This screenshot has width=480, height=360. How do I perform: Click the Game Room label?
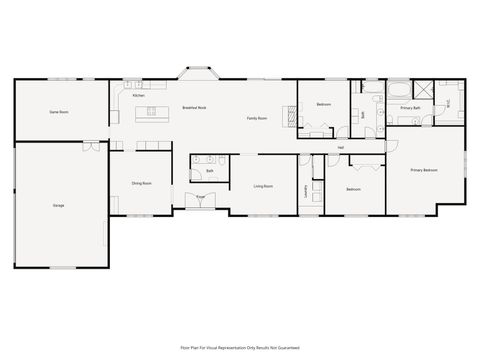[59, 113]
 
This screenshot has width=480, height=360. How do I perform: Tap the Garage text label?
[59, 205]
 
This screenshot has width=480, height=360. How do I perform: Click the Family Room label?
[258, 119]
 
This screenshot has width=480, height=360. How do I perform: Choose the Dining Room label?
[141, 184]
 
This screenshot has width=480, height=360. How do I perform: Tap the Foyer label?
[201, 197]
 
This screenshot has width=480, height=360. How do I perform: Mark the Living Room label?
[263, 186]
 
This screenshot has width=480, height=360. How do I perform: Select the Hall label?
[341, 148]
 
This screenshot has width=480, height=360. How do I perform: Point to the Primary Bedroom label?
[424, 170]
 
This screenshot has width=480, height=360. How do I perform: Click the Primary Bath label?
[409, 107]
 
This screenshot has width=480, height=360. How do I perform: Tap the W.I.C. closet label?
[449, 100]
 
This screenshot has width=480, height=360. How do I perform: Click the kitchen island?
[155, 111]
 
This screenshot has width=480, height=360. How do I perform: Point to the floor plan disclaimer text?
[240, 347]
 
